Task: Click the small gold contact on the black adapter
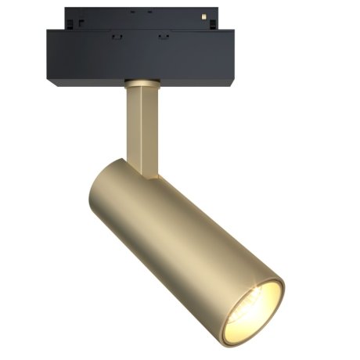[205, 16]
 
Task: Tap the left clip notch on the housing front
[115, 36]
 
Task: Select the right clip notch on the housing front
[164, 36]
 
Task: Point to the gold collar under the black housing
[142, 81]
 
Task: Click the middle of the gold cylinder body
[180, 243]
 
